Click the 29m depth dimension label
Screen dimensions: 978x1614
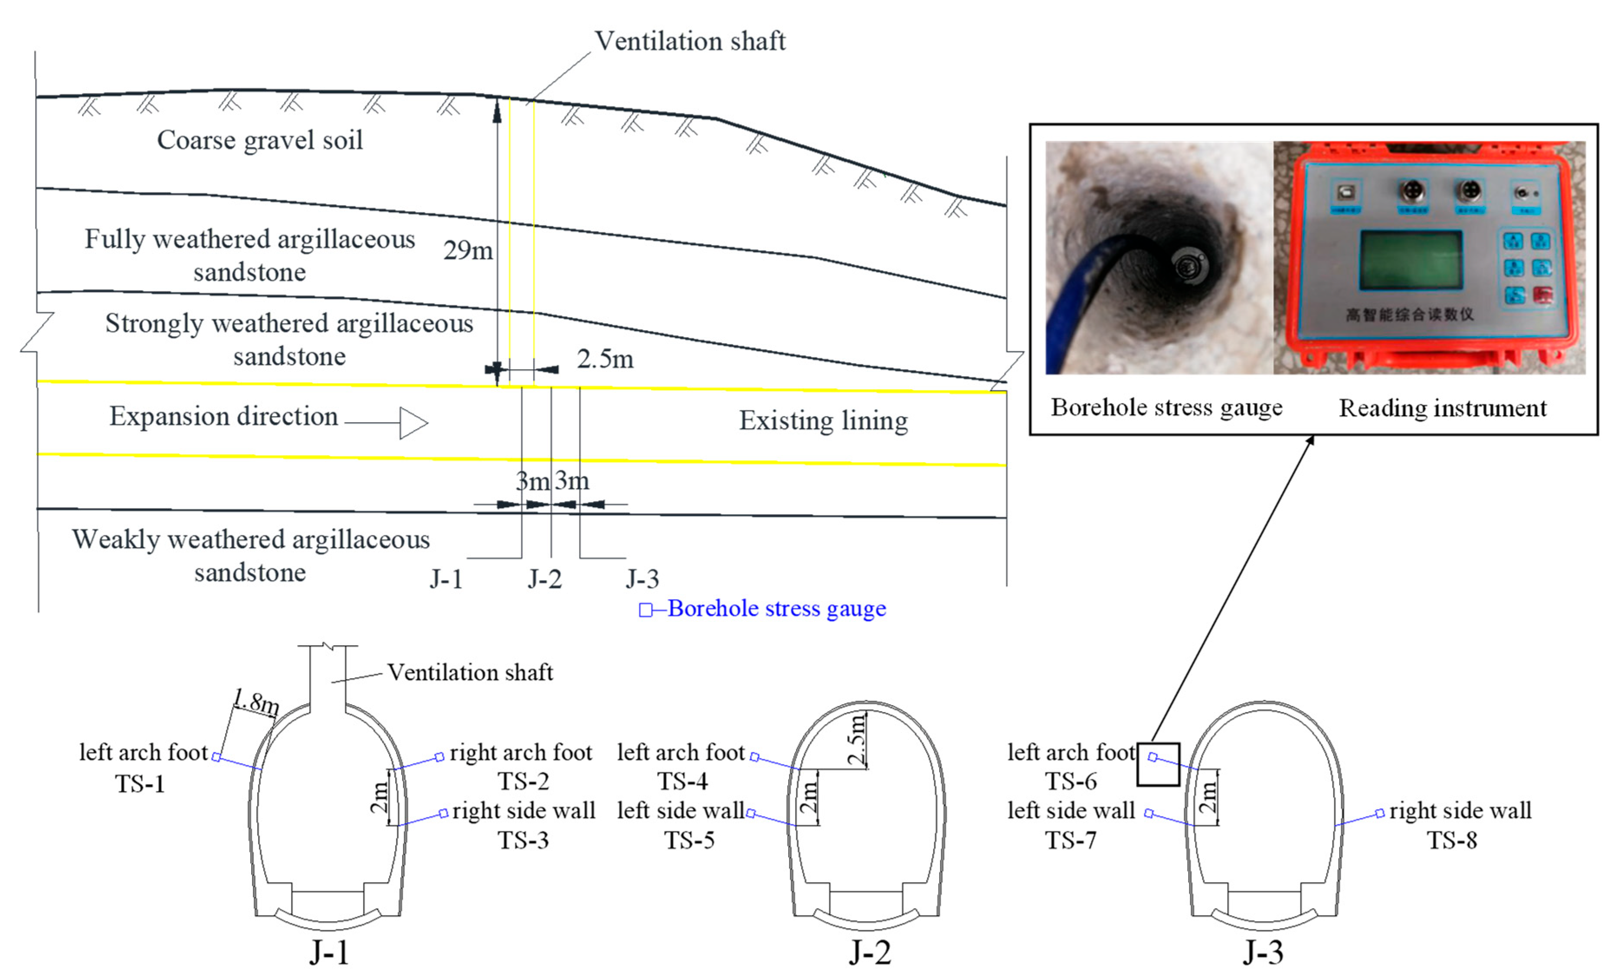tap(468, 250)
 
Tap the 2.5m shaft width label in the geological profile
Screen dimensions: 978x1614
tap(605, 359)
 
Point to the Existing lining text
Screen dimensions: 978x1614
tap(823, 420)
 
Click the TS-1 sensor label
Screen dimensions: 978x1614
tap(140, 784)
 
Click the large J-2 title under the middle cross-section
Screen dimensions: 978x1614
tap(870, 952)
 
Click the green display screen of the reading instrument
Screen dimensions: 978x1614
tap(1411, 260)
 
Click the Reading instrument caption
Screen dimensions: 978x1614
tap(1442, 408)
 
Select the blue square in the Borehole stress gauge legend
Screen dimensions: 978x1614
tap(645, 610)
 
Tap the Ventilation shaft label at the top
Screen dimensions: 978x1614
tap(689, 41)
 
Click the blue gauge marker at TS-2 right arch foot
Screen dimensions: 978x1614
tap(439, 757)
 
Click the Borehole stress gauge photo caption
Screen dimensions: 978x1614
tap(1167, 407)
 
